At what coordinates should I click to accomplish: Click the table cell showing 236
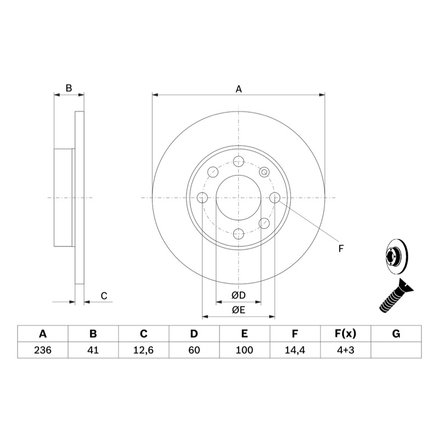point(43,350)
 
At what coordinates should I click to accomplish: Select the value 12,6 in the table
point(143,350)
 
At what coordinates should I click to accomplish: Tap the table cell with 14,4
point(295,350)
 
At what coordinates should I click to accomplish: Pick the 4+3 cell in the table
point(346,350)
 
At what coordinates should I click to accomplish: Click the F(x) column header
point(346,334)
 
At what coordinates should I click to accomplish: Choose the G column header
point(396,334)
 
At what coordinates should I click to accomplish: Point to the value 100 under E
point(244,350)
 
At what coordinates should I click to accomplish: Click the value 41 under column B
point(93,350)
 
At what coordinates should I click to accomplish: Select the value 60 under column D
point(194,350)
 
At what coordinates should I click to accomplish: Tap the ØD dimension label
point(239,295)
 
